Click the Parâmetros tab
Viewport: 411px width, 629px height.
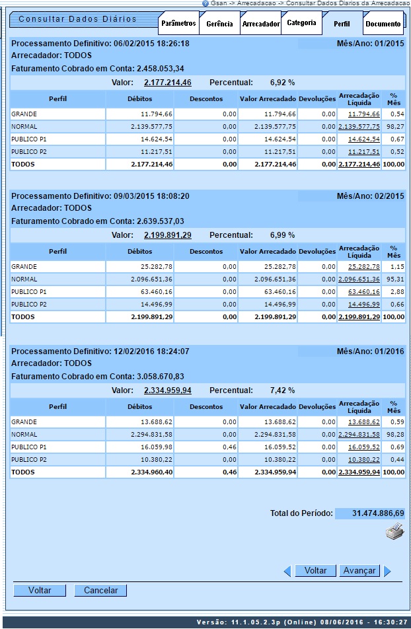tap(179, 24)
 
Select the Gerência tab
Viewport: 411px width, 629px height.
tap(219, 24)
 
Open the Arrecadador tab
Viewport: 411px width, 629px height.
tap(260, 24)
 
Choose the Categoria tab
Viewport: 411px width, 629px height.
tap(301, 23)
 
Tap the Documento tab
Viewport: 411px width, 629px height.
tap(383, 24)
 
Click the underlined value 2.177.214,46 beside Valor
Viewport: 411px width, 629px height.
tap(168, 83)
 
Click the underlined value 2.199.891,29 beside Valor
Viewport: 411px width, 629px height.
tap(168, 235)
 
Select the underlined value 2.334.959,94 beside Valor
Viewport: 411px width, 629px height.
tap(168, 390)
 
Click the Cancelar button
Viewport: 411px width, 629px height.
tap(100, 591)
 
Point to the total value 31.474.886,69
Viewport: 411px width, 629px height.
tap(370, 513)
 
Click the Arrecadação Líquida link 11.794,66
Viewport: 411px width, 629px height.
tap(364, 114)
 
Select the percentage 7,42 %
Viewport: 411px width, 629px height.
tap(282, 390)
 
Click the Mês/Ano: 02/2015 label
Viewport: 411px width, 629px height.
tap(370, 196)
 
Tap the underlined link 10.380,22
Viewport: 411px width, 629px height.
tap(364, 460)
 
